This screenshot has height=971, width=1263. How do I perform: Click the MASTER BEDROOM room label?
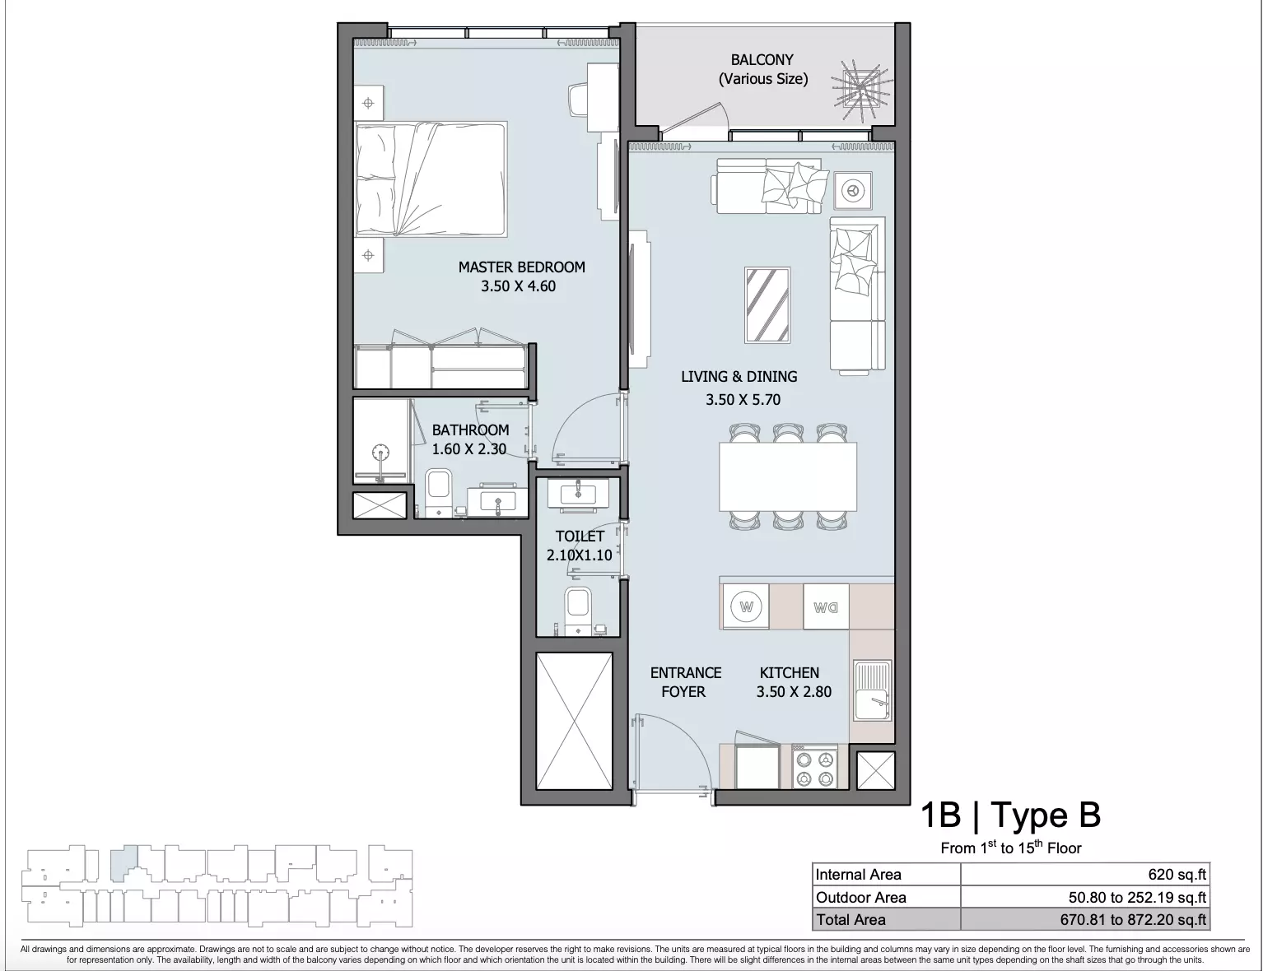click(x=521, y=267)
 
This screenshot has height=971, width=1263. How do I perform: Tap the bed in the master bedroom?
click(x=431, y=179)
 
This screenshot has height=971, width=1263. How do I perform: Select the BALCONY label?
click(x=762, y=60)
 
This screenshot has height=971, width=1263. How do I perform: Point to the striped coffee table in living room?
click(x=767, y=305)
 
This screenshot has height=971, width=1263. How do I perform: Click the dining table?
click(x=788, y=476)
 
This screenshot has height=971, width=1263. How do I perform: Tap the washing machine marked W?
click(x=746, y=607)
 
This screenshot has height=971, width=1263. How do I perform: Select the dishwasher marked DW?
click(x=825, y=607)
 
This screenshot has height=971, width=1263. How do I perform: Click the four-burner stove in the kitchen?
click(x=813, y=767)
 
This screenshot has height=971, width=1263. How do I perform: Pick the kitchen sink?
click(x=873, y=690)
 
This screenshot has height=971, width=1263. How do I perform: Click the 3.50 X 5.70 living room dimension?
click(x=743, y=400)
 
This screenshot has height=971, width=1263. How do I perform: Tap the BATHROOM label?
click(x=470, y=430)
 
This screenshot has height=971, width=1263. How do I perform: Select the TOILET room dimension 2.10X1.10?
click(x=580, y=555)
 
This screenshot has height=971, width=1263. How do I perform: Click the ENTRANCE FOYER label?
click(x=685, y=682)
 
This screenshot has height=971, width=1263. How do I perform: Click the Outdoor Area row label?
click(x=860, y=897)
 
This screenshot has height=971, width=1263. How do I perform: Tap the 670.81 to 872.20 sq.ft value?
click(x=1134, y=920)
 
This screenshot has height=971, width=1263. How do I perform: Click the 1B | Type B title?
click(x=1011, y=815)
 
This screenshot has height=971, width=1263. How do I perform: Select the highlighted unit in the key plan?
click(x=123, y=863)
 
